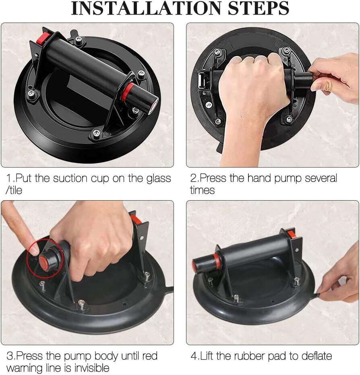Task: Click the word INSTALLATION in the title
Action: (147, 8)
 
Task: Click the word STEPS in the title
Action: (259, 8)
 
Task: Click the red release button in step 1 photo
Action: (43, 38)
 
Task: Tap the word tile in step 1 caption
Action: (15, 191)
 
